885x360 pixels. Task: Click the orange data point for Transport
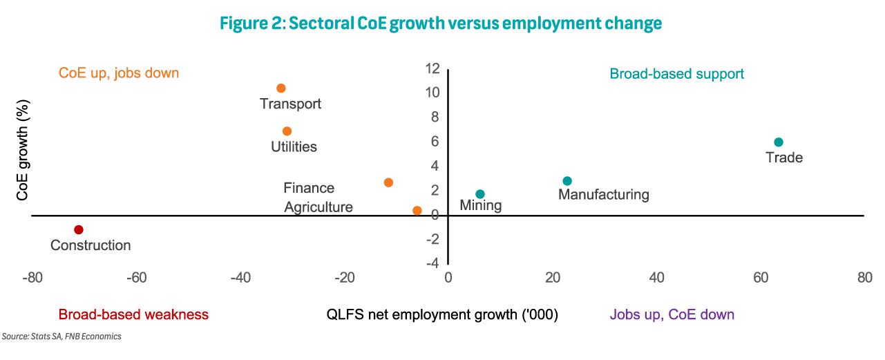pos(281,88)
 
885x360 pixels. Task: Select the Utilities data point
pos(287,131)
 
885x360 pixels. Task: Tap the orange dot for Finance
pos(388,182)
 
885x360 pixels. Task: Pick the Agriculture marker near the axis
pos(417,211)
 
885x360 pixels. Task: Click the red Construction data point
pos(79,229)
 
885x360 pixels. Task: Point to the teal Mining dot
pos(480,194)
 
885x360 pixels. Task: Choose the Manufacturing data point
pos(567,181)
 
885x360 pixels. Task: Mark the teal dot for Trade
pos(779,142)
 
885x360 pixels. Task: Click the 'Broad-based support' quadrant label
pos(676,74)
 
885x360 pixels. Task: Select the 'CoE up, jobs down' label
pos(119,73)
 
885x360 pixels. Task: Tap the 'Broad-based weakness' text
pos(133,314)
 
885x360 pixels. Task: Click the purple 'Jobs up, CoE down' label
pos(672,314)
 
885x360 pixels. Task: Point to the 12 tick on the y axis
pos(432,68)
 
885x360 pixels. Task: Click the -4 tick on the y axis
pos(432,263)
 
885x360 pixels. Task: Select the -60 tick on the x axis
pos(136,278)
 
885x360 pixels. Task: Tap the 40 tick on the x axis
pos(656,278)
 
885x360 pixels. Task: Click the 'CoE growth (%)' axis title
pos(23,150)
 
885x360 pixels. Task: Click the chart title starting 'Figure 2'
pos(441,23)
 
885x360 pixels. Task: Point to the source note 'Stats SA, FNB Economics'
pos(76,337)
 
